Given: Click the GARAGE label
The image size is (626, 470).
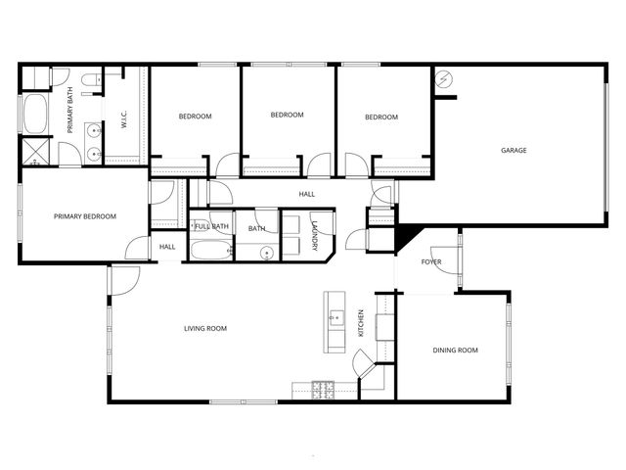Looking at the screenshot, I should click(514, 151).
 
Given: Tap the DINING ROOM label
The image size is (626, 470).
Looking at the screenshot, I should click(455, 350).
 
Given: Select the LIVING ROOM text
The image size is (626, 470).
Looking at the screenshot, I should click(205, 328).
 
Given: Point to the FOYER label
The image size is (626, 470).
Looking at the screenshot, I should click(431, 262).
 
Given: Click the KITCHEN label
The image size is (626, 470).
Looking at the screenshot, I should click(361, 325).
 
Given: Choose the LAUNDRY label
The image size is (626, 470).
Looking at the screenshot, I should click(314, 237).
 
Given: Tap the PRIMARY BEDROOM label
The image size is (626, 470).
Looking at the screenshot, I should click(85, 216).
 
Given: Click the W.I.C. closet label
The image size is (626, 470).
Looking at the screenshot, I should click(125, 118).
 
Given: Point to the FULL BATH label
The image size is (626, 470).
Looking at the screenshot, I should click(212, 227).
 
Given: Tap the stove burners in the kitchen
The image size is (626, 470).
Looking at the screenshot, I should click(323, 390).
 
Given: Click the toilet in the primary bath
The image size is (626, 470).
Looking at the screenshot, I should click(87, 79).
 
